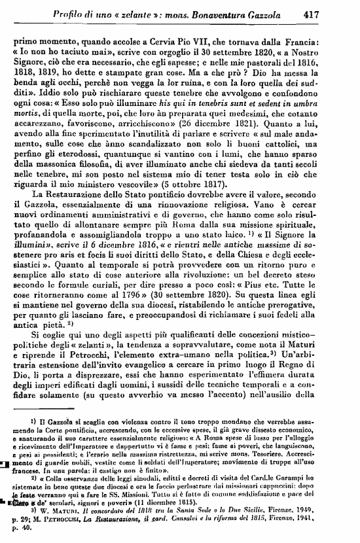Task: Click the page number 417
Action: click(331, 11)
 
